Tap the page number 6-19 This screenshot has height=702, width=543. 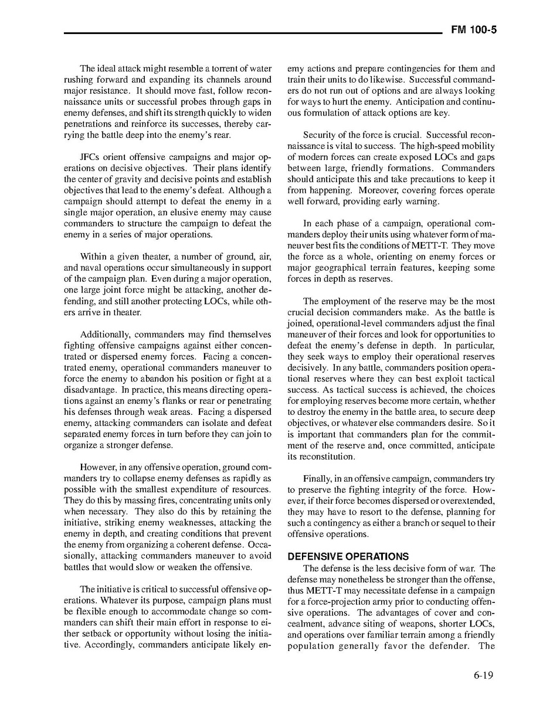[x=481, y=675]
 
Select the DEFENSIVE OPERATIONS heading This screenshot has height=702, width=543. [x=348, y=557]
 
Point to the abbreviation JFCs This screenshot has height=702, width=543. [x=92, y=157]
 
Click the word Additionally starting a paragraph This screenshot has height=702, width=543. [x=106, y=335]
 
